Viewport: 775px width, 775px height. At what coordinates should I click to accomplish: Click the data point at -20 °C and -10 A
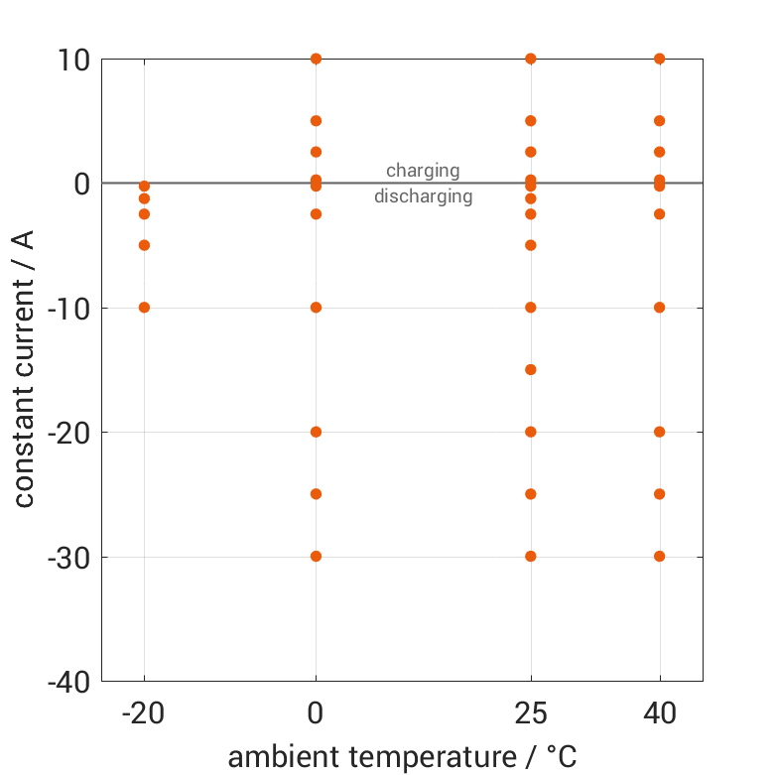[x=144, y=308]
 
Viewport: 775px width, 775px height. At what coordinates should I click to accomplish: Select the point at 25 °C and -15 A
[x=531, y=370]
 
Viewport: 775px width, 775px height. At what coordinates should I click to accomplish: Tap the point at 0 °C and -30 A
[x=317, y=557]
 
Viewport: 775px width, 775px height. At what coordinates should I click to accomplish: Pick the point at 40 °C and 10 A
[x=660, y=59]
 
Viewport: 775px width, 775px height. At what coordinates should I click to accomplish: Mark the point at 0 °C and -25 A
[x=317, y=494]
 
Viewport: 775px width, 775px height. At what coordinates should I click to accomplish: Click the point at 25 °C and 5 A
[x=531, y=121]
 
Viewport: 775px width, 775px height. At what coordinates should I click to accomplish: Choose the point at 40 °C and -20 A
[x=660, y=432]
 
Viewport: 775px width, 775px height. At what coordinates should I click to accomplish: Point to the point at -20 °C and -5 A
[x=144, y=245]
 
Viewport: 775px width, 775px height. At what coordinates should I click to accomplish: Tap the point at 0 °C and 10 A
[x=317, y=59]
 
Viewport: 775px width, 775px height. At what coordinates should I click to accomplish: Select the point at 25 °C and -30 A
[x=531, y=557]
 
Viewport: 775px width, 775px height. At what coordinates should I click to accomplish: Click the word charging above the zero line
[x=423, y=171]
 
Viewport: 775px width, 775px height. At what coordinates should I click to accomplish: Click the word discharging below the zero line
[x=423, y=196]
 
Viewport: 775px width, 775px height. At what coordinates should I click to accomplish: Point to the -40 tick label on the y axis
[x=67, y=682]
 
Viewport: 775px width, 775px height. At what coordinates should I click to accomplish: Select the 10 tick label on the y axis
[x=74, y=60]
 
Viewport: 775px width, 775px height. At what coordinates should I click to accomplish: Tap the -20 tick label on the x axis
[x=144, y=712]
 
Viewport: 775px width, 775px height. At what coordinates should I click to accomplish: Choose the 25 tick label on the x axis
[x=531, y=712]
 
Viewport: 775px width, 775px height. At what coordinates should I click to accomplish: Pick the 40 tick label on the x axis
[x=660, y=712]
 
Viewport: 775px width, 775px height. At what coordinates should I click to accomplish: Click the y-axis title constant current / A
[x=25, y=369]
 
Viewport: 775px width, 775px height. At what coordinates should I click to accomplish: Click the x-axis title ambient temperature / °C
[x=402, y=757]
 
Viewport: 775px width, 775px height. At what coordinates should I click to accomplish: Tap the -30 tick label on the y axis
[x=67, y=557]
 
